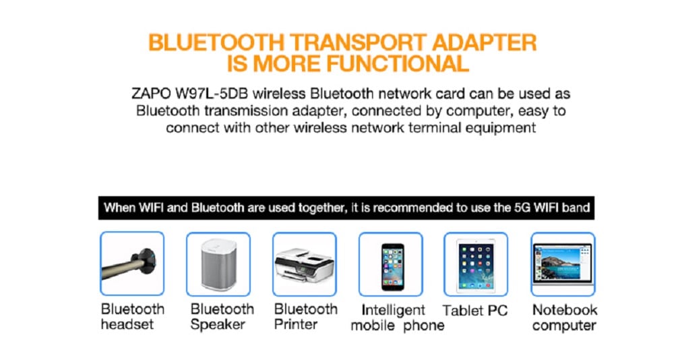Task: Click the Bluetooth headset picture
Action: pyautogui.click(x=132, y=264)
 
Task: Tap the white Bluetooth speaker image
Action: pyautogui.click(x=218, y=264)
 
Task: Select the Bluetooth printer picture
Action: pyautogui.click(x=304, y=264)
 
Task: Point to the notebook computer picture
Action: pyautogui.click(x=562, y=264)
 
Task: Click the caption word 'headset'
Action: pyautogui.click(x=127, y=324)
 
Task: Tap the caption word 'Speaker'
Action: pyautogui.click(x=217, y=324)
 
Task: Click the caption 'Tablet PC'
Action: pyautogui.click(x=474, y=311)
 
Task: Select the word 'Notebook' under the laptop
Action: pyautogui.click(x=564, y=310)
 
